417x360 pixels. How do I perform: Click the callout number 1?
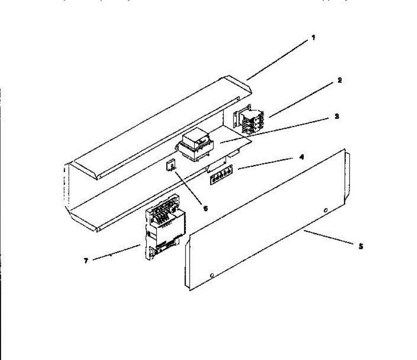[x=313, y=38]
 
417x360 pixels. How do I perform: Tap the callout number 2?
[x=339, y=80]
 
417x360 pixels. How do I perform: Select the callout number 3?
[x=336, y=116]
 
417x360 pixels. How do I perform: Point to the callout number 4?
[x=301, y=157]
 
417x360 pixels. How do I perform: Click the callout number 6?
[x=205, y=208]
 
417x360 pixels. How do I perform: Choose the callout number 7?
[x=86, y=260]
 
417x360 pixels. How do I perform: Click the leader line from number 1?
[x=278, y=59]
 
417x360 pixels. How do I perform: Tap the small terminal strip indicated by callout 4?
[x=221, y=177]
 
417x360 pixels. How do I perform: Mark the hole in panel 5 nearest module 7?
[x=212, y=276]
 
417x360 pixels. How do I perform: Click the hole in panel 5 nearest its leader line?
[x=326, y=210]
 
